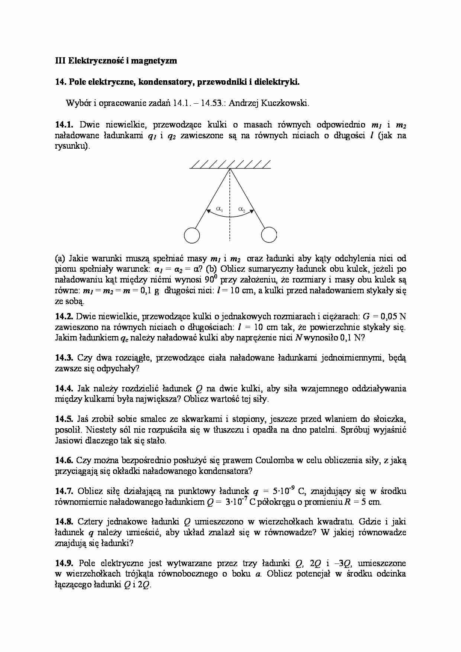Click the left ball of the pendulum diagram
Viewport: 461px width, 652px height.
(192, 235)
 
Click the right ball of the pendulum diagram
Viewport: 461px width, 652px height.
(269, 235)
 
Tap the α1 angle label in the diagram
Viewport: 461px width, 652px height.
(219, 210)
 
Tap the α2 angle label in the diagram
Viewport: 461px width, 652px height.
(242, 210)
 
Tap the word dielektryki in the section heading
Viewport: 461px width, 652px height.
(277, 82)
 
